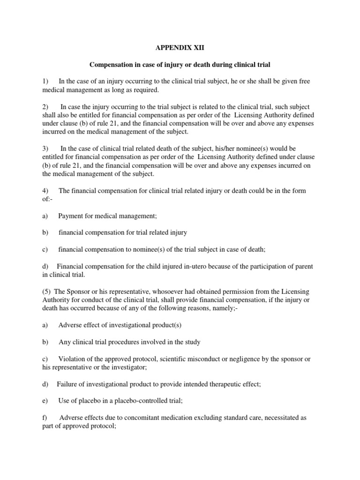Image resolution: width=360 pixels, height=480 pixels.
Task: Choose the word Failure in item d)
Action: tap(68, 384)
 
